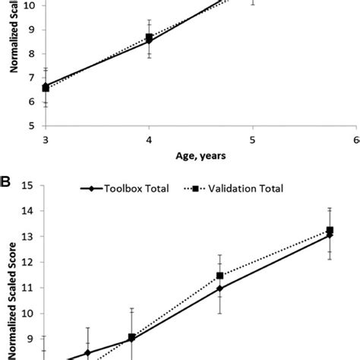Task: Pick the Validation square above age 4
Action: pos(149,37)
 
